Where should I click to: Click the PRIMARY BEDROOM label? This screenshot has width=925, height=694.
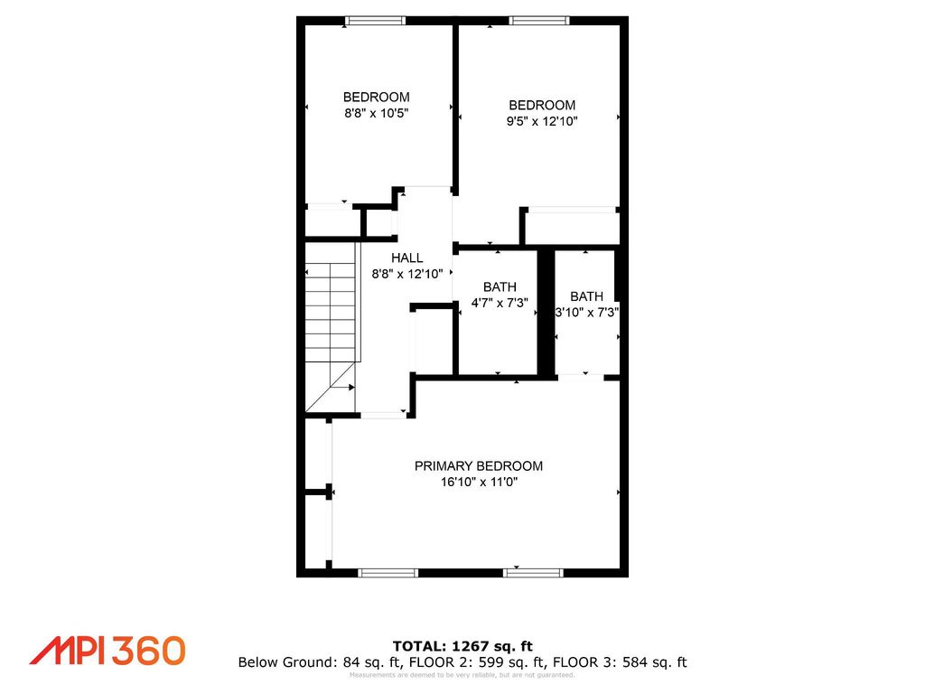(479, 466)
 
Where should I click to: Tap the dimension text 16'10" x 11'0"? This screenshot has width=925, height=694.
(479, 483)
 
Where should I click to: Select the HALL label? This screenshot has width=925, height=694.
(406, 258)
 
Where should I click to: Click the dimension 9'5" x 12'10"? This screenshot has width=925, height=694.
(541, 121)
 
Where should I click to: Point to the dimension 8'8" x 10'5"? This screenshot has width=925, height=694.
(376, 114)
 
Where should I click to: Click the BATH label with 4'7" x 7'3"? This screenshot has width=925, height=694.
(500, 287)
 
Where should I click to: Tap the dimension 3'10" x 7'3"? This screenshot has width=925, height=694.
(586, 313)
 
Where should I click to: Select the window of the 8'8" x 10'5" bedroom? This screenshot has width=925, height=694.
(375, 21)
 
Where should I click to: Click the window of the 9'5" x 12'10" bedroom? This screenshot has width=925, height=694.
(539, 21)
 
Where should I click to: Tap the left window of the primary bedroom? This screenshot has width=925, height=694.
(388, 572)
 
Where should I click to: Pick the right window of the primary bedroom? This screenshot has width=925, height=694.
(533, 572)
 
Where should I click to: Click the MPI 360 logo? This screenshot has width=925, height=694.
(107, 650)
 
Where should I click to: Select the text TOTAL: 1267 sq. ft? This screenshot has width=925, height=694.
(462, 645)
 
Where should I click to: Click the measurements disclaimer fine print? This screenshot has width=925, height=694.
(462, 675)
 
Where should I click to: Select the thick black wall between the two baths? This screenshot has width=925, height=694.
(546, 312)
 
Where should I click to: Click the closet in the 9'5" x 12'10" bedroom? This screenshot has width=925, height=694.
(571, 227)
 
